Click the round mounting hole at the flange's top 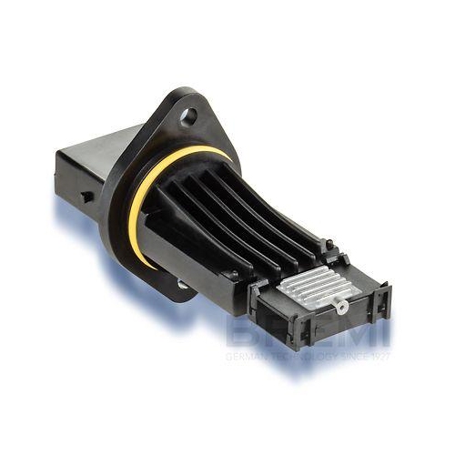pyautogui.click(x=189, y=116)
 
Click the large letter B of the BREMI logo pyautogui.click(x=242, y=333)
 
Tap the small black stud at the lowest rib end pyautogui.click(x=234, y=275)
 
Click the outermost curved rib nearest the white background pyautogui.click(x=273, y=200)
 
